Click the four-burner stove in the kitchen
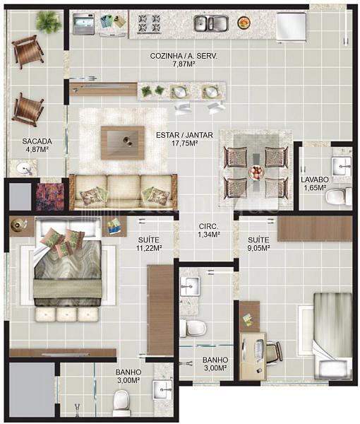(149, 23)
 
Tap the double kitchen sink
(211, 23)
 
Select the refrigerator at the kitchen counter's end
(291, 27)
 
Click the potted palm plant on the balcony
(49, 20)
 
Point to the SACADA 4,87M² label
(37, 144)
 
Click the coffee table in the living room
(123, 143)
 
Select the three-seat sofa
(123, 192)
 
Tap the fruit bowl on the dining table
(256, 172)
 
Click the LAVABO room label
(315, 179)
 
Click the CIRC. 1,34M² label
(209, 230)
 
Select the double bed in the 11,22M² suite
(68, 261)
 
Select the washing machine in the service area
(84, 24)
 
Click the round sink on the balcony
(24, 169)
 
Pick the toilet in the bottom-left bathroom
(121, 404)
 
